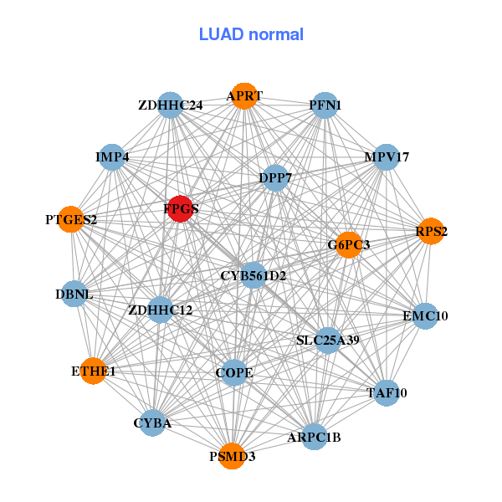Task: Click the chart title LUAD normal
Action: coord(251,34)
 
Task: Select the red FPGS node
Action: coord(181,208)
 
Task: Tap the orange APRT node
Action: coord(243,96)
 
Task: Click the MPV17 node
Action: coord(385,157)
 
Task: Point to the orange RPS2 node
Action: coord(430,231)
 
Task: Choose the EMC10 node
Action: coord(425,315)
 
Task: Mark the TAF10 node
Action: coord(386,392)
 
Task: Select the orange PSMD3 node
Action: coord(232,456)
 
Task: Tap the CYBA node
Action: coord(153,423)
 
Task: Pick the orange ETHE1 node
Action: coord(93,371)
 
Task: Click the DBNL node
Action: coord(74,294)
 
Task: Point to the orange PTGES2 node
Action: coord(72,220)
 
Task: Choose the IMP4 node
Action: coord(112,157)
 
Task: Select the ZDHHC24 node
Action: coord(171,105)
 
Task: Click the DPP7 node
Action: coord(275,177)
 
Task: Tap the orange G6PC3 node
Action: coord(348,244)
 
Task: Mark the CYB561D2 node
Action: coord(254,275)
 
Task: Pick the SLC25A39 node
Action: coord(328,340)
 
